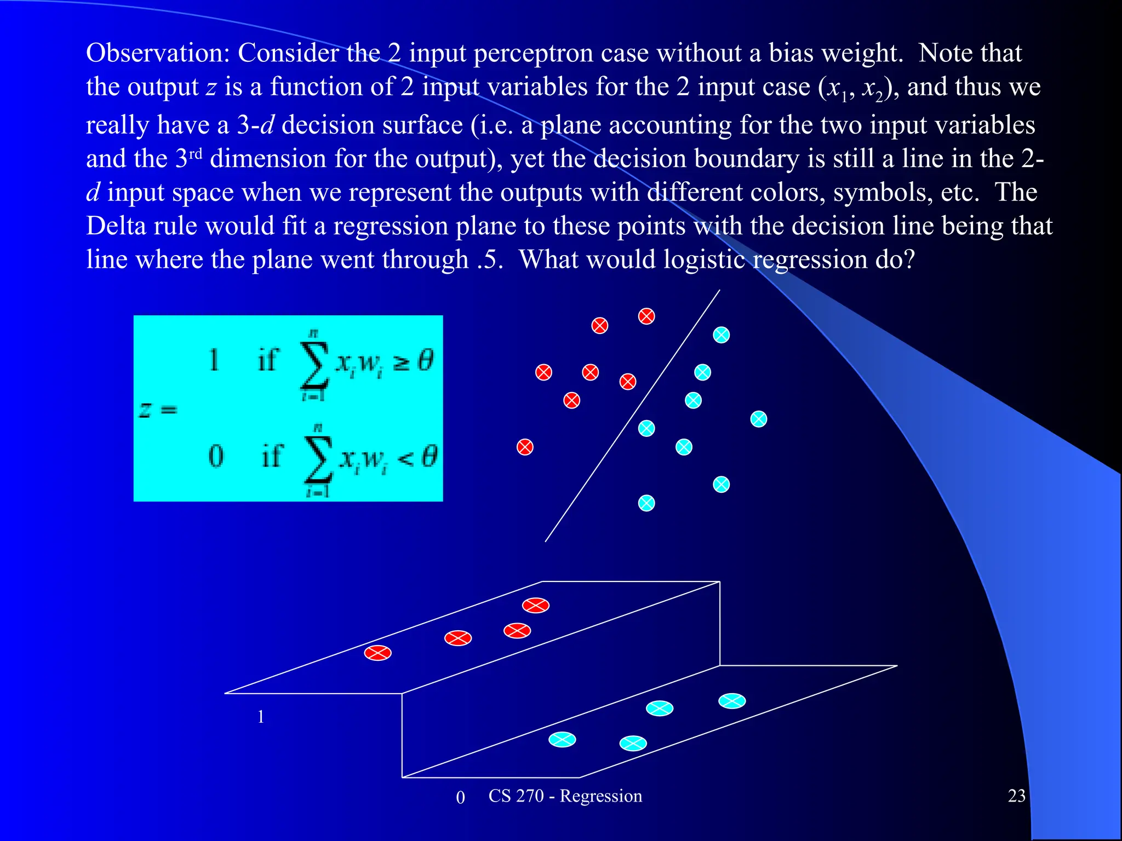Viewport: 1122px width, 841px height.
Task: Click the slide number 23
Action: point(1016,796)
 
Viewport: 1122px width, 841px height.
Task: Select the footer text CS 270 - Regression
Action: point(565,796)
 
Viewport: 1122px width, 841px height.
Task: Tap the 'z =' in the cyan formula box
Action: point(158,410)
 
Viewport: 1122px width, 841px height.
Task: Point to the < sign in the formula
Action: point(405,458)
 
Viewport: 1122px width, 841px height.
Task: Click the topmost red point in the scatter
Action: point(646,316)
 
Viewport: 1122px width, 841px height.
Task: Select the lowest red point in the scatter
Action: point(525,447)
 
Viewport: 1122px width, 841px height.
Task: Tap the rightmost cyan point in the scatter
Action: point(758,419)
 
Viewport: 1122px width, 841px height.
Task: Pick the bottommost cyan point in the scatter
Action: point(646,503)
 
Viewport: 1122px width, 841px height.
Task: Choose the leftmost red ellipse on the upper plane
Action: point(378,653)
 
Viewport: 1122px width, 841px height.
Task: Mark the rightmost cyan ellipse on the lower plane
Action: point(732,701)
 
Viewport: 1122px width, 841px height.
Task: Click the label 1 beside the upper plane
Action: point(261,717)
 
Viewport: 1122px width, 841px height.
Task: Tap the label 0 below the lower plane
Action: point(460,798)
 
